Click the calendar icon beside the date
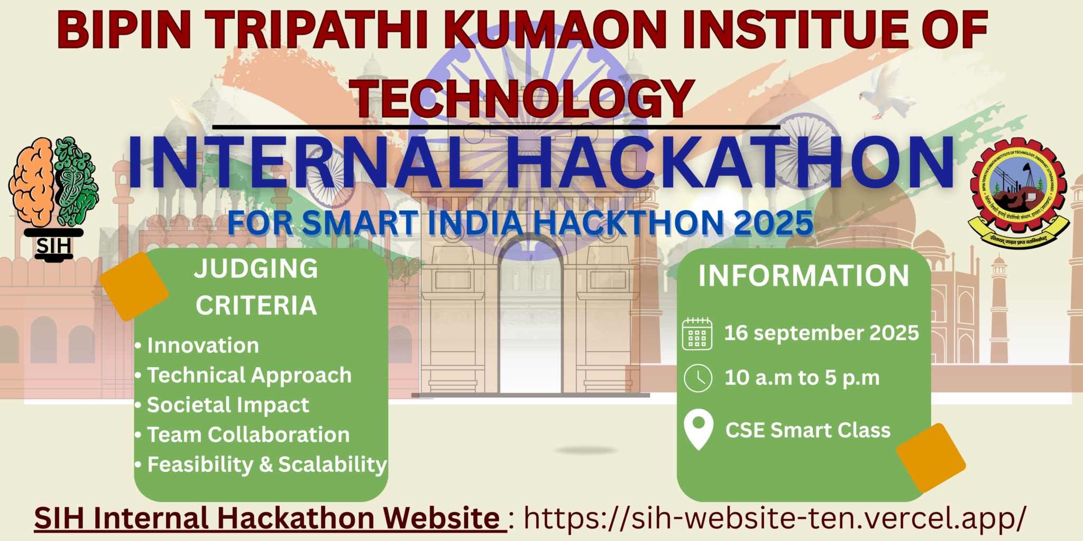coord(697,334)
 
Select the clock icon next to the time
coord(698,378)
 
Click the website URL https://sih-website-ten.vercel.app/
coord(775,518)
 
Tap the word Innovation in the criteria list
coord(203,346)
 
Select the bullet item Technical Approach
coord(249,375)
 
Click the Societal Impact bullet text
coord(228,405)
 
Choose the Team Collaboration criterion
coord(248,435)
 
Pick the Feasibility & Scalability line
coord(267,465)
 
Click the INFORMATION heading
coord(804,276)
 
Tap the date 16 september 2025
coord(821,333)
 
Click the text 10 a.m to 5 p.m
coord(802,378)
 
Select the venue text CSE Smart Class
coord(808,431)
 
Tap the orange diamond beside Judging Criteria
coord(134,286)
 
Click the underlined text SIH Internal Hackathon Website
coord(267,518)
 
